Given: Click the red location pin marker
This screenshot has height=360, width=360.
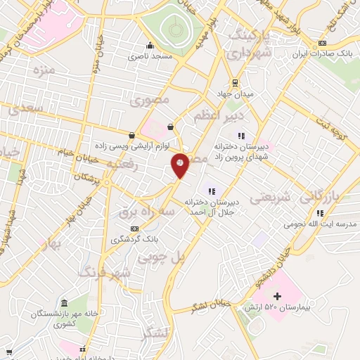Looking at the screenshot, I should point(181,165).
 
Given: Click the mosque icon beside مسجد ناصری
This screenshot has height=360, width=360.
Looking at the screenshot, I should point(148,44).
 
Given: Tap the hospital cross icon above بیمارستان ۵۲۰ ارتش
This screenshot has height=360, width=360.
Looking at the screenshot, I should point(277,296).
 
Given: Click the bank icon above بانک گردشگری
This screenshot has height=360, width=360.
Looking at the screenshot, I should point(135,229).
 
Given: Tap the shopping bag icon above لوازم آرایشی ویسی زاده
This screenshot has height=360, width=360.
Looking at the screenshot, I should point(131,134).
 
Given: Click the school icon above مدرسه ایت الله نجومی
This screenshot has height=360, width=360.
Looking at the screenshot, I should point(320,213).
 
